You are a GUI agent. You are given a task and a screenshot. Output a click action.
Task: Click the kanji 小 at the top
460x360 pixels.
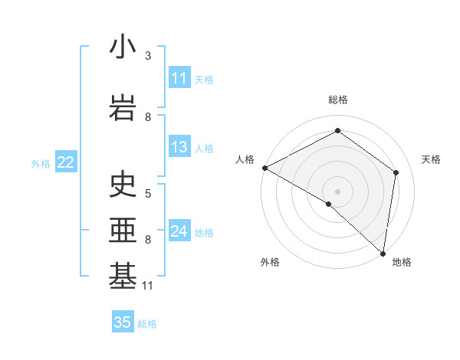click(123, 47)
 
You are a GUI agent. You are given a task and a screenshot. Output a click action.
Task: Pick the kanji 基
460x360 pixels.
click(123, 277)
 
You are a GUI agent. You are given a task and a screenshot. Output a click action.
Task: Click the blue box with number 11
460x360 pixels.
click(179, 78)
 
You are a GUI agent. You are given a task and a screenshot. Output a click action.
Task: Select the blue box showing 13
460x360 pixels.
click(179, 147)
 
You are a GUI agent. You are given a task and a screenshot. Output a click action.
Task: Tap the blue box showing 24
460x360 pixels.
click(179, 231)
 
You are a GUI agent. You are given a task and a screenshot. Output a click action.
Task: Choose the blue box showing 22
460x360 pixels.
click(66, 162)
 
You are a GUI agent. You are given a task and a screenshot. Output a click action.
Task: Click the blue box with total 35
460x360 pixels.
click(123, 322)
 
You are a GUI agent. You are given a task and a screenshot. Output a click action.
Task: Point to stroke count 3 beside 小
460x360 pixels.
click(148, 56)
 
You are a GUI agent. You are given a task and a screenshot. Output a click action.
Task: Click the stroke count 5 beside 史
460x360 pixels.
click(148, 194)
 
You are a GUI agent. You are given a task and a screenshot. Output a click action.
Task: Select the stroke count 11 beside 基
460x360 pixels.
click(149, 286)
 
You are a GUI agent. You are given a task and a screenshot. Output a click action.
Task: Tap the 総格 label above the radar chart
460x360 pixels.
click(338, 100)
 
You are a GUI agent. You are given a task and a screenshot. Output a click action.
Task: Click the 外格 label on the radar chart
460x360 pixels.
click(270, 262)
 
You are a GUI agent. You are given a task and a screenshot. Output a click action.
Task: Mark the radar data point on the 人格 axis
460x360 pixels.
click(264, 168)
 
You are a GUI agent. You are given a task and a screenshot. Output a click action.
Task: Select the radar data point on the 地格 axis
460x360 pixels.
click(383, 254)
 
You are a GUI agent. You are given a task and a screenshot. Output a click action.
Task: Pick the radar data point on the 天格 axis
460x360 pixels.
click(396, 172)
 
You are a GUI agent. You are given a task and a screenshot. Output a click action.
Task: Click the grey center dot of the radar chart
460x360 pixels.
click(337, 191)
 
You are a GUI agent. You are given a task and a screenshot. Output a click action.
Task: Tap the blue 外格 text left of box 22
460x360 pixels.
click(41, 163)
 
